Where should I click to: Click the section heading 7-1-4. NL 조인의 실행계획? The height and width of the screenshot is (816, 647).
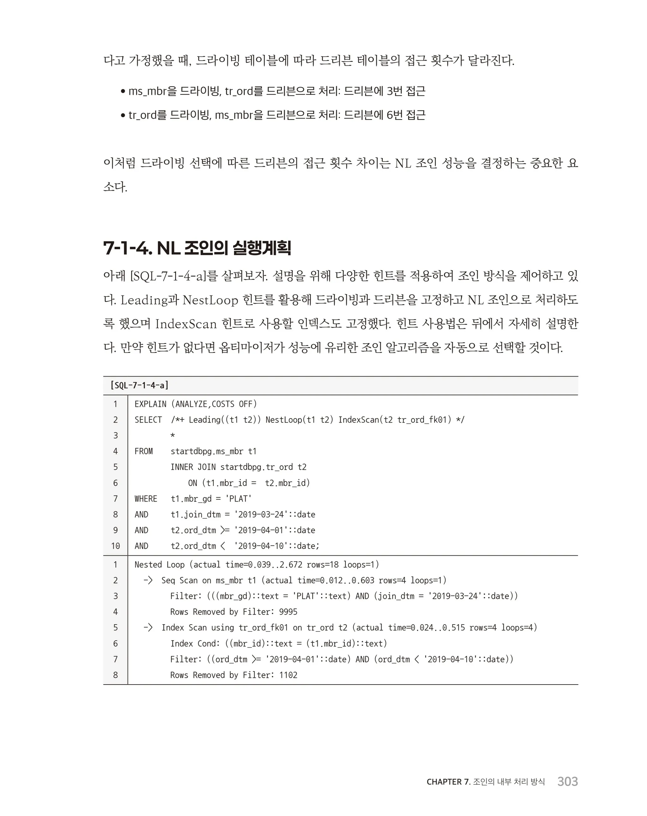tap(197, 248)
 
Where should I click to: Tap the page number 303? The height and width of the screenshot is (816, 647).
tap(567, 782)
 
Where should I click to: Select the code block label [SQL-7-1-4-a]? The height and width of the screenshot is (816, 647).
tap(139, 385)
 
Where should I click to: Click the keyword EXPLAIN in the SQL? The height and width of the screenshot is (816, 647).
tap(150, 404)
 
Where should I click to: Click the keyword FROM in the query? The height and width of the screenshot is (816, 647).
tap(143, 451)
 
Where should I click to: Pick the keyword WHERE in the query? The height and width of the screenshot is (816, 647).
tap(146, 499)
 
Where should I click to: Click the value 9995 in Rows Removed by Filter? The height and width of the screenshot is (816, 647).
tap(288, 612)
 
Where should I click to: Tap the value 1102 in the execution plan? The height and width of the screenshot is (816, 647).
tap(288, 675)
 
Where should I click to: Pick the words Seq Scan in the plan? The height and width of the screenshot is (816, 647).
tap(179, 581)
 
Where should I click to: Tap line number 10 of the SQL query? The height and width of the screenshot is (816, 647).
tap(116, 546)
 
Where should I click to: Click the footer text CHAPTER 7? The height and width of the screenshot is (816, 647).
tap(448, 782)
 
